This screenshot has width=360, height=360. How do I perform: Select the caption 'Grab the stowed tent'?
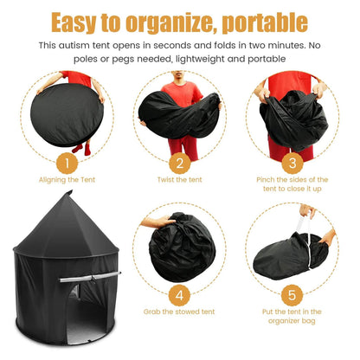coord(179,310)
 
